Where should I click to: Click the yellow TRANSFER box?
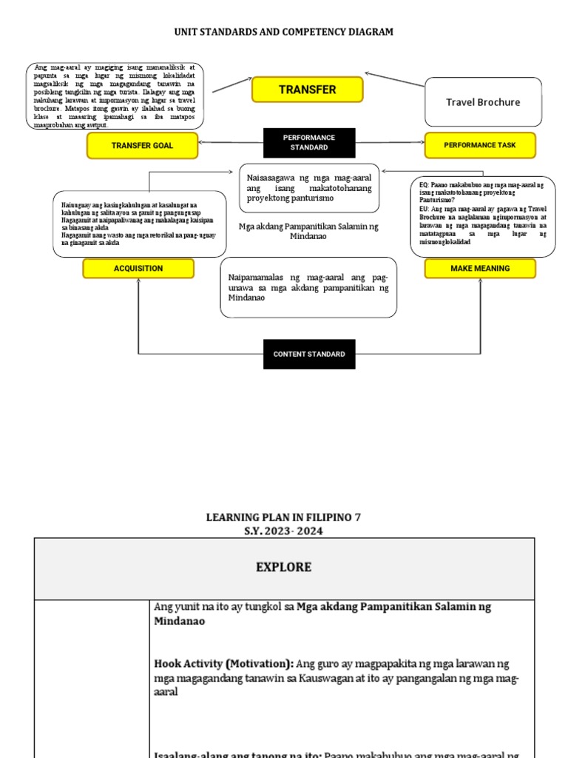(x=307, y=90)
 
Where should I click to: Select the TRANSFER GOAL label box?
(x=142, y=146)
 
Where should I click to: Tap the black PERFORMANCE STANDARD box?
(x=309, y=142)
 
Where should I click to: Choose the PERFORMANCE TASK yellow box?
(x=479, y=145)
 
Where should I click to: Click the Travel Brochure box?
(x=482, y=102)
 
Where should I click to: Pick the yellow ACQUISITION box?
(x=138, y=268)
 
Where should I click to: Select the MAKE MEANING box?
(x=480, y=268)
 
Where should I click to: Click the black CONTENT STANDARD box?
(x=309, y=354)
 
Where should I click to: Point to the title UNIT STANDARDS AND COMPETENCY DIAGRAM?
(x=283, y=32)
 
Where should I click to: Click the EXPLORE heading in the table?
(x=284, y=568)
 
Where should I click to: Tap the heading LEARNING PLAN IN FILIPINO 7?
(x=283, y=517)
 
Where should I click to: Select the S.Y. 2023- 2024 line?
(x=283, y=531)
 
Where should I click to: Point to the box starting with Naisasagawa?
(x=309, y=188)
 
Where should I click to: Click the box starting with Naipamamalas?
(x=308, y=286)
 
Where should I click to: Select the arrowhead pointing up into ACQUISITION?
(x=138, y=282)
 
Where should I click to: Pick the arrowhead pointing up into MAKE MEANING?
(x=480, y=282)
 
